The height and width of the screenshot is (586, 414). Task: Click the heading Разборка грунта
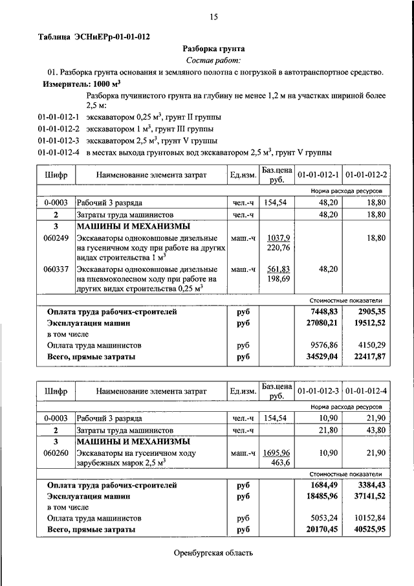point(213,49)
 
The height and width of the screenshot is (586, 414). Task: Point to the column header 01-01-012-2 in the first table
point(366,175)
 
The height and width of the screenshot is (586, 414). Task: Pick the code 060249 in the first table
point(56,238)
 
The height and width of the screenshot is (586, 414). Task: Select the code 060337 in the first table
point(56,269)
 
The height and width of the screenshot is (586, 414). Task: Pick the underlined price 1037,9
point(279,238)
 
